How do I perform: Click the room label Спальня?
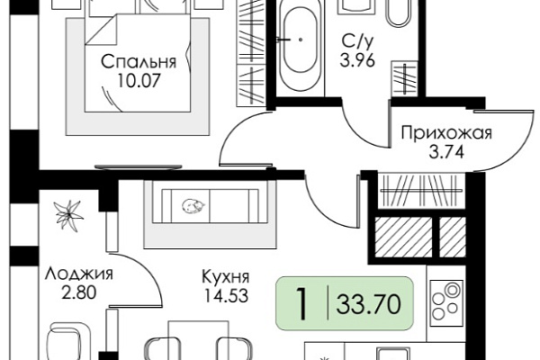pos(139,62)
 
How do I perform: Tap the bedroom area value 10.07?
pos(139,81)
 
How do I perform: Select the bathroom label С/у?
pos(357,42)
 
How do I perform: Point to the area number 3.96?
pos(357,61)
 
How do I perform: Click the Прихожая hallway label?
pos(446,133)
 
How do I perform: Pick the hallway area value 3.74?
pos(446,151)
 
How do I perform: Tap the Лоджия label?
pos(79,274)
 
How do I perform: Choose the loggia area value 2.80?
pos(79,293)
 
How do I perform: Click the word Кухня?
pos(226,276)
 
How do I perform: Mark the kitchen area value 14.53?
pos(226,295)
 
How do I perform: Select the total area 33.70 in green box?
pos(369,304)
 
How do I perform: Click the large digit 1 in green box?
pos(302,304)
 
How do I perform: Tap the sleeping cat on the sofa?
pos(193,206)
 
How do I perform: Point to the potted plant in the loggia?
pos(69,214)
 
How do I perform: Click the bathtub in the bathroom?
pos(301,48)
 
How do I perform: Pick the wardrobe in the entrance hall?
pos(421,191)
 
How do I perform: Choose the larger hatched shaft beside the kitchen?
pos(403,238)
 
